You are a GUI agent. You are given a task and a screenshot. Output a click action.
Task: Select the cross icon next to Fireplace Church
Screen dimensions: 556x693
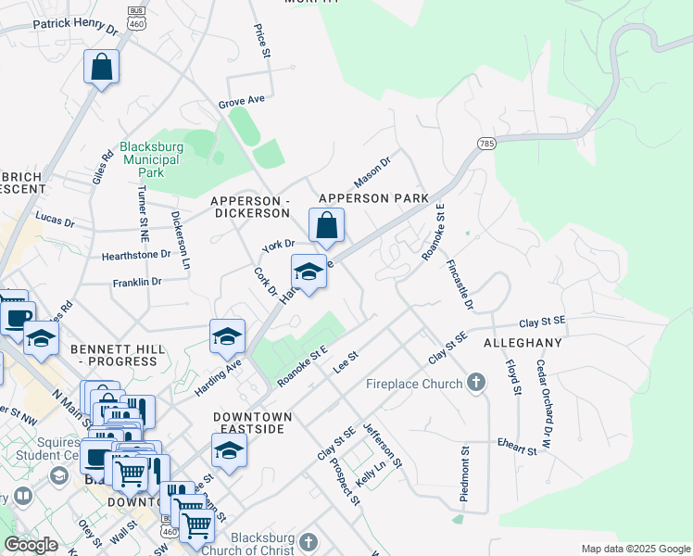click(x=476, y=381)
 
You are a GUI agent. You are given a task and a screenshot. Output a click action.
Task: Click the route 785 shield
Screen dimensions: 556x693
click(x=486, y=144)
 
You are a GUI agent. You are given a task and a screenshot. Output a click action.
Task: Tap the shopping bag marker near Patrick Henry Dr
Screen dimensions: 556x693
click(x=102, y=67)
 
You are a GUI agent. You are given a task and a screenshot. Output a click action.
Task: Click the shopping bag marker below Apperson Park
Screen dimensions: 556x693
click(x=326, y=224)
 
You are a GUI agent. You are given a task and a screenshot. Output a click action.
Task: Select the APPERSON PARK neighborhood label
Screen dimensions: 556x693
click(x=373, y=198)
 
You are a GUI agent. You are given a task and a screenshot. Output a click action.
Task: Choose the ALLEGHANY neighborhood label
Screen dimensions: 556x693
click(x=523, y=343)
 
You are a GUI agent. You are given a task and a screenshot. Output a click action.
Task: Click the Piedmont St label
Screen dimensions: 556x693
click(x=464, y=474)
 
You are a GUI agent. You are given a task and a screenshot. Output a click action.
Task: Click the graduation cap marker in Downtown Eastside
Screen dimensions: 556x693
click(x=229, y=451)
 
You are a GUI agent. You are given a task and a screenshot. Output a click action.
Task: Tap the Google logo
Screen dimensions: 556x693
click(x=31, y=545)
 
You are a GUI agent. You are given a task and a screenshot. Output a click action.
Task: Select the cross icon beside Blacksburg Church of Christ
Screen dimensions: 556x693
click(x=308, y=541)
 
